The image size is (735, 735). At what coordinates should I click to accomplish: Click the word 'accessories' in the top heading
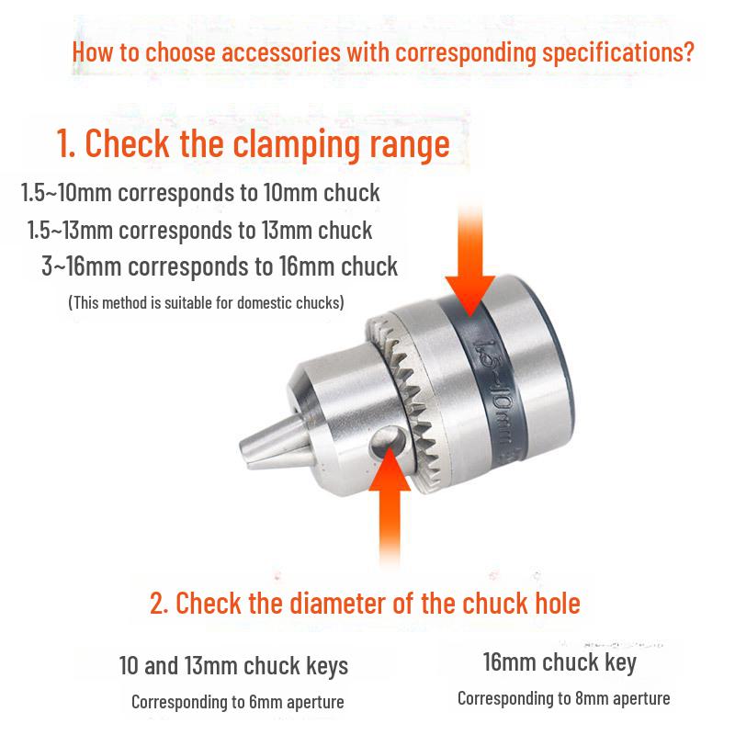click(x=281, y=52)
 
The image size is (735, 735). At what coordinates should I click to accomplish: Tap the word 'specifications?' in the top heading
click(x=617, y=52)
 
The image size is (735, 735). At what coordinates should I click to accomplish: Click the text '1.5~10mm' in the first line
click(x=65, y=193)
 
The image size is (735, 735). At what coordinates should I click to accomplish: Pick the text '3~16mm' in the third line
click(x=82, y=266)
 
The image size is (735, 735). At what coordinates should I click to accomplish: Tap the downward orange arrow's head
click(x=470, y=296)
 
